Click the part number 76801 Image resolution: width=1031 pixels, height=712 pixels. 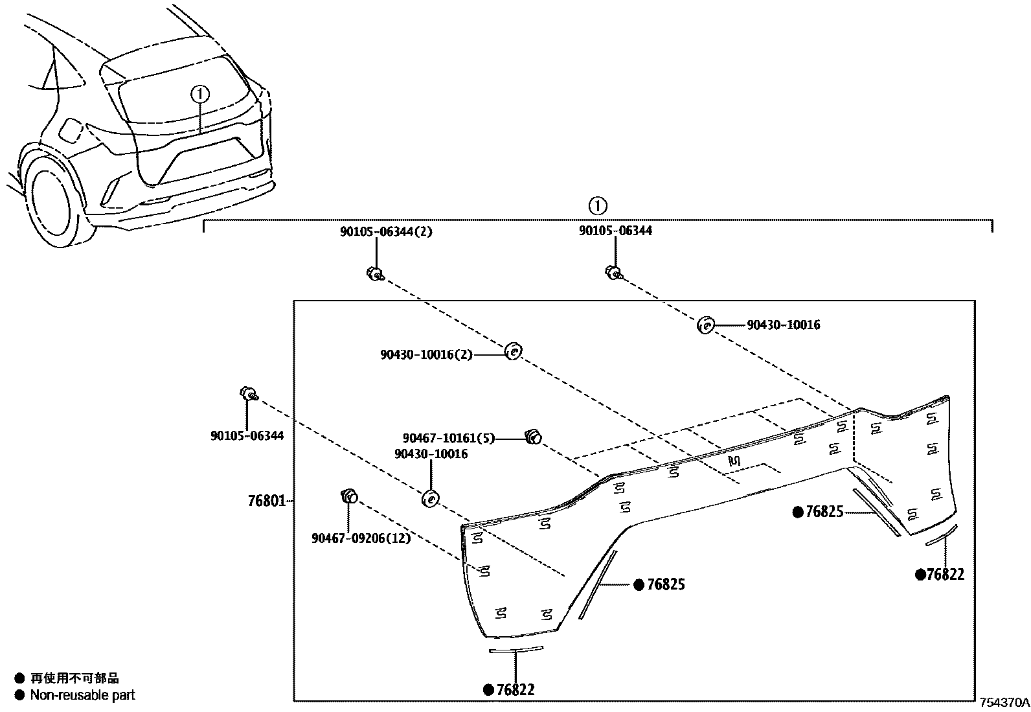coord(266,501)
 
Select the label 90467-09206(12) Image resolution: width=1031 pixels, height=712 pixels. coord(361,538)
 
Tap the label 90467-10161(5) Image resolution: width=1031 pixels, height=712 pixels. coord(448,439)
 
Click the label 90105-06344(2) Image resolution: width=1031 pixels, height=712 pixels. coord(386,231)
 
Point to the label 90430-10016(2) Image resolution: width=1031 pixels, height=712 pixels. coord(426,354)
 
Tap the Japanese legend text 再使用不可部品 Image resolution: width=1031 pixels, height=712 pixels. coord(75,678)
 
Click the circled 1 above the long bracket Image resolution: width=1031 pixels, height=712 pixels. coord(597,206)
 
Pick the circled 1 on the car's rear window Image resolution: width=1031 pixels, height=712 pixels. coord(200,95)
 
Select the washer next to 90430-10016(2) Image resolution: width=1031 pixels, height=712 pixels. coord(513,351)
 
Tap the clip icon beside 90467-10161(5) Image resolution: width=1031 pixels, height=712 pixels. coord(532,437)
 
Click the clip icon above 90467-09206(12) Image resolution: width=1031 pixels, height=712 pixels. coord(349,497)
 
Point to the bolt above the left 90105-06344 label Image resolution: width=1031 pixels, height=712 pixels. coord(248,393)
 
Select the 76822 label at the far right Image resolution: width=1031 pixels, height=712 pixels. coord(945,575)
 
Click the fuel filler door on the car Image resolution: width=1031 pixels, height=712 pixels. coord(69,131)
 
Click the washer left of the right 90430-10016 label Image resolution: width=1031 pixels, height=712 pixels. coord(705,325)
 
